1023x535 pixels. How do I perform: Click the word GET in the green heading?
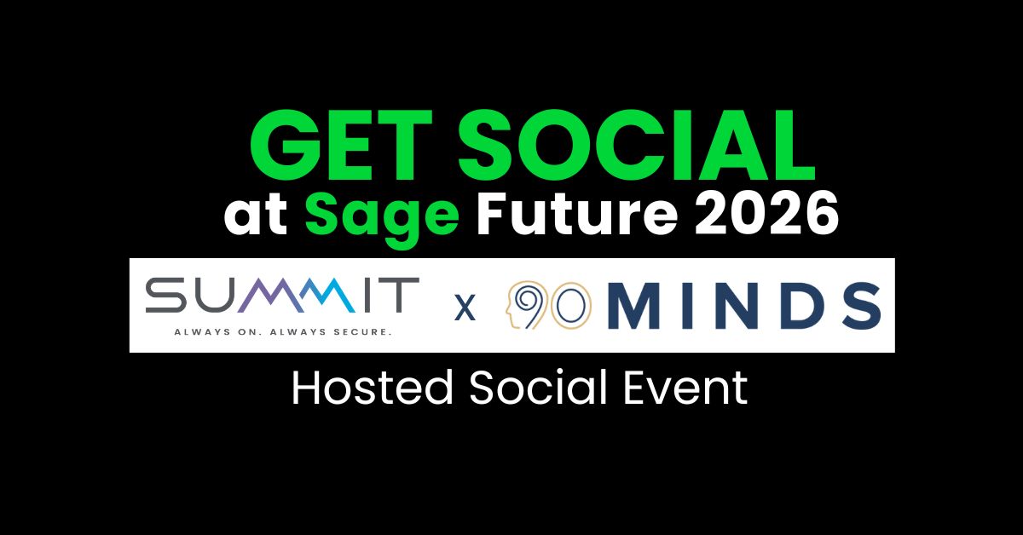[341, 146]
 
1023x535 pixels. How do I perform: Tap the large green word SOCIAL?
[637, 146]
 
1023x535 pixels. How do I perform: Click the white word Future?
[577, 213]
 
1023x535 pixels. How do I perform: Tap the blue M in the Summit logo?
[325, 296]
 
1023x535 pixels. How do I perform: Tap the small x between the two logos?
[465, 308]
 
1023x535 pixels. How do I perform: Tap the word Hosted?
[373, 388]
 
